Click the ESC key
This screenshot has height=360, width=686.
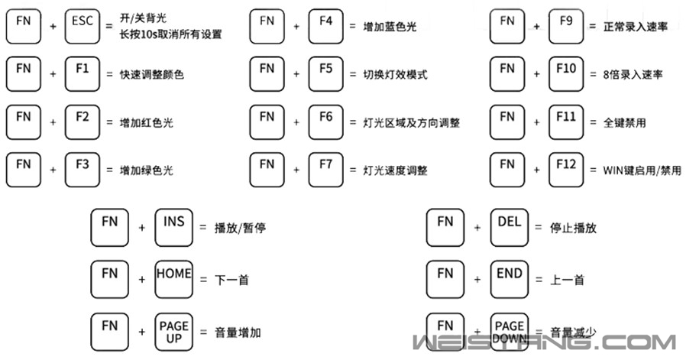pyautogui.click(x=83, y=27)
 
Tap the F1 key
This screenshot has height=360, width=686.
pyautogui.click(x=83, y=74)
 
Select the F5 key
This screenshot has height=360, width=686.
pyautogui.click(x=325, y=74)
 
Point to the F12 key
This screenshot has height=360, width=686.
pyautogui.click(x=566, y=170)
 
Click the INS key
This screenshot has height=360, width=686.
pyautogui.click(x=173, y=227)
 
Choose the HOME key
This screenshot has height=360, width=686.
pyautogui.click(x=173, y=280)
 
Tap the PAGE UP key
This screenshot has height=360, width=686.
pyautogui.click(x=173, y=332)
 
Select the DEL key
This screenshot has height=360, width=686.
pyautogui.click(x=510, y=227)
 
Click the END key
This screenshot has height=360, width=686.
pyautogui.click(x=510, y=280)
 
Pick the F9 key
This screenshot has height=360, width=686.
pyautogui.click(x=566, y=27)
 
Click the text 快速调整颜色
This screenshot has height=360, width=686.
pyautogui.click(x=152, y=74)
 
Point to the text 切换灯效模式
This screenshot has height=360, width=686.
pyautogui.click(x=395, y=74)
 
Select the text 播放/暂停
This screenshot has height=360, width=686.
pyautogui.click(x=240, y=228)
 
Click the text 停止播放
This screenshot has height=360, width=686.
pyautogui.click(x=573, y=228)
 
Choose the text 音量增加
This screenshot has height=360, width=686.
pyautogui.click(x=238, y=332)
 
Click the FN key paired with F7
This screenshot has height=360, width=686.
pyautogui.click(x=267, y=170)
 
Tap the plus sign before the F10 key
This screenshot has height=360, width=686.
pyautogui.click(x=536, y=74)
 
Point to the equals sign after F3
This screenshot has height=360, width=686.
pyautogui.click(x=109, y=170)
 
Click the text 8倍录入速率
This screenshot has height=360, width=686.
pyautogui.click(x=633, y=74)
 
